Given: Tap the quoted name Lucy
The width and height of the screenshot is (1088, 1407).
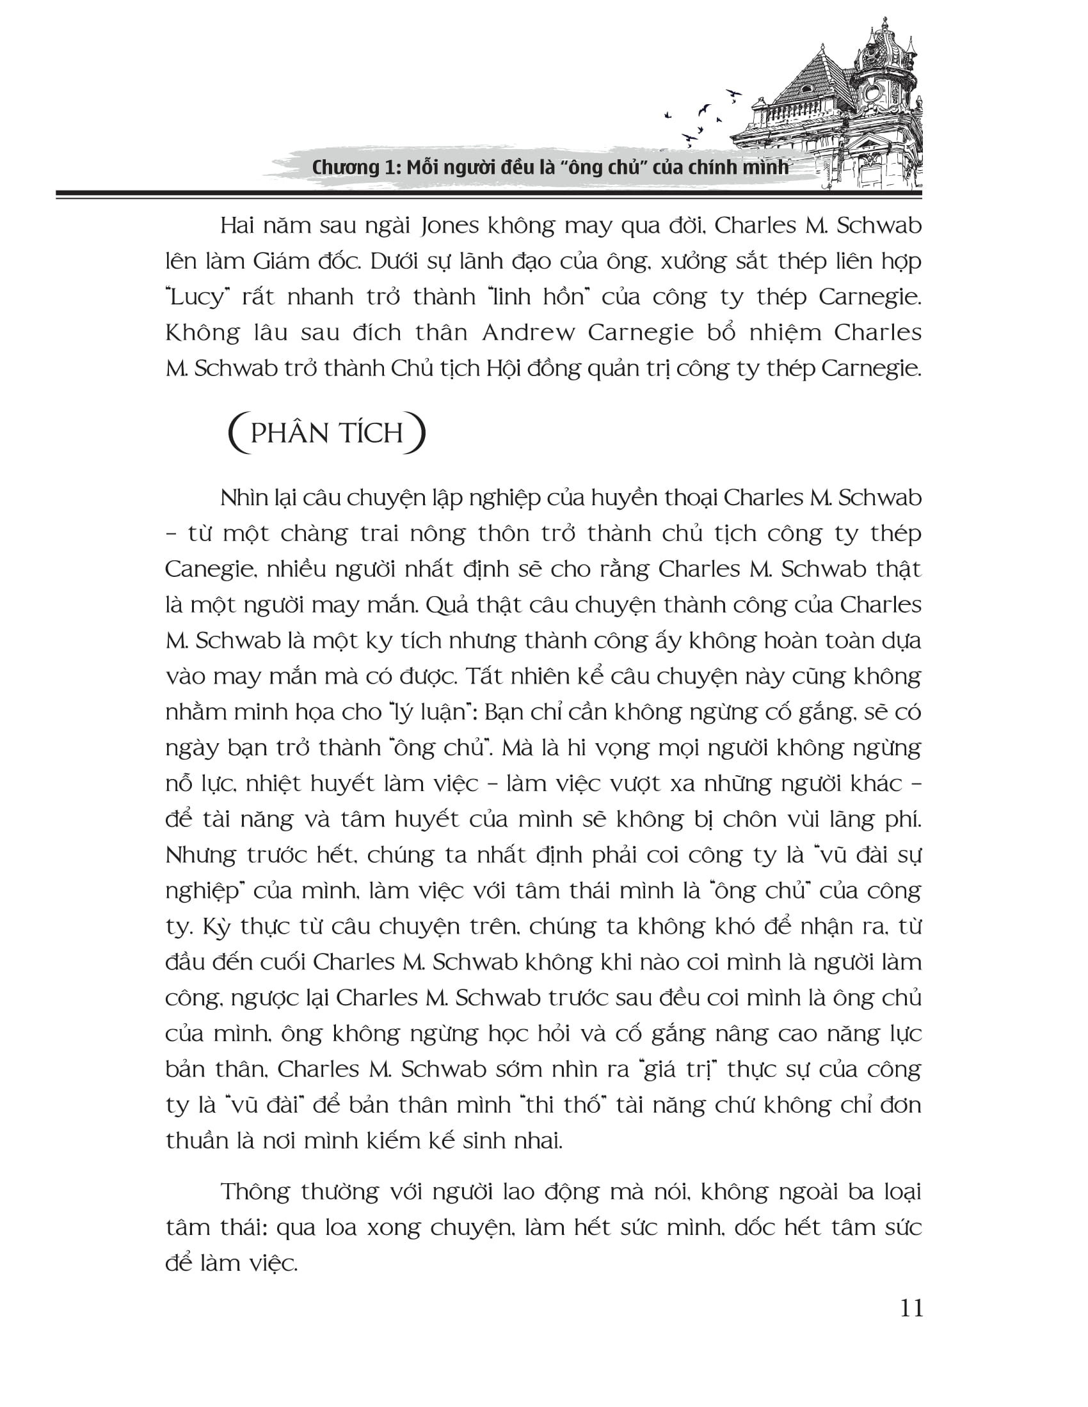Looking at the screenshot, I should (x=197, y=297).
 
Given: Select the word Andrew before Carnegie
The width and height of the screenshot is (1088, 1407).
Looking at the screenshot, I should (x=528, y=333).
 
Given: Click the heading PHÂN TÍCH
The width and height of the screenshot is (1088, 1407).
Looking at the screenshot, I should (x=327, y=433).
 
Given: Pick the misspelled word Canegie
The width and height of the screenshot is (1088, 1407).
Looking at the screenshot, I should (x=206, y=569).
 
